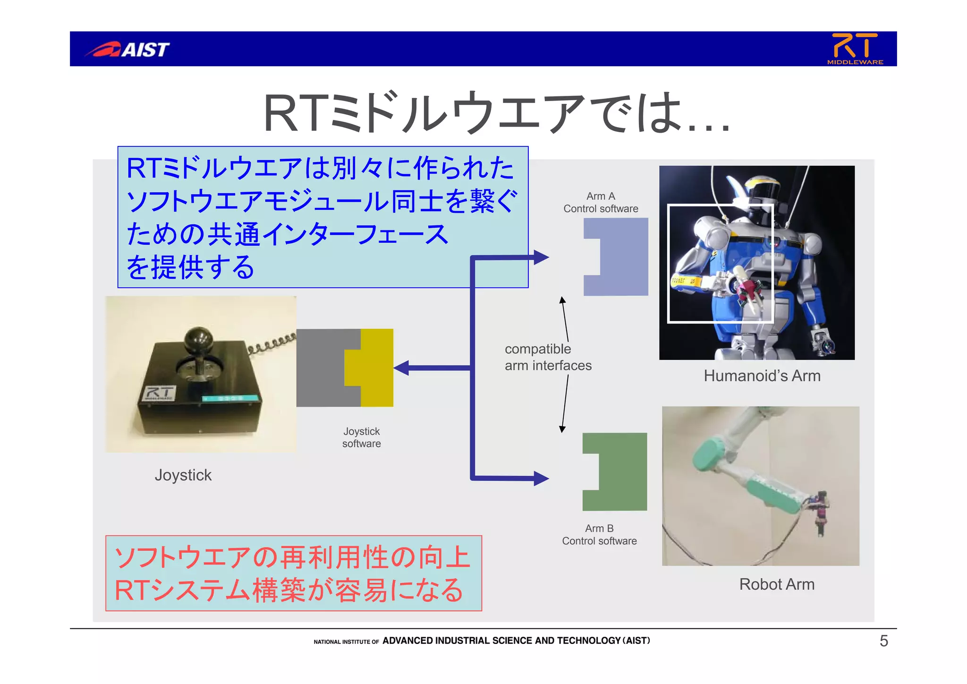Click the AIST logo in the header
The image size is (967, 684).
[127, 49]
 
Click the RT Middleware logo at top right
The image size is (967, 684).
[855, 49]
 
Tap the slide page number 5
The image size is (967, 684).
[884, 641]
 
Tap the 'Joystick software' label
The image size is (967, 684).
[362, 437]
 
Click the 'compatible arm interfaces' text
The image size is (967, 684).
[548, 357]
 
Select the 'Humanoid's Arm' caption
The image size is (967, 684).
[762, 376]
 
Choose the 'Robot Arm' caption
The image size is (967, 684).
[777, 584]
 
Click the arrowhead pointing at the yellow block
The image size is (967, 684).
[401, 368]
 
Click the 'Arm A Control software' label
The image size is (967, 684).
[601, 202]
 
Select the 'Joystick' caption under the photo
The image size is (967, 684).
[183, 475]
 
